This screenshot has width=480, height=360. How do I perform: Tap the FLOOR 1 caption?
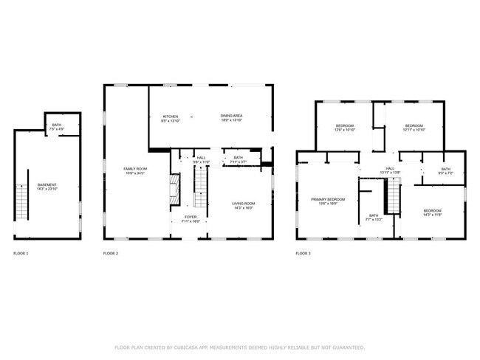(x=21, y=253)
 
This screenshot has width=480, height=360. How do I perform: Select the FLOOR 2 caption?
(x=110, y=253)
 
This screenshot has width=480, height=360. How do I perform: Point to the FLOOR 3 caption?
(x=303, y=253)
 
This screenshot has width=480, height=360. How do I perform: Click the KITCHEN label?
(x=171, y=116)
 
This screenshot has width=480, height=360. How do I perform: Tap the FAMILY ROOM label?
(x=135, y=169)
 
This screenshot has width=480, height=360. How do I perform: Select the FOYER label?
(x=191, y=217)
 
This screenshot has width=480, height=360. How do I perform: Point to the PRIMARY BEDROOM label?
(x=328, y=199)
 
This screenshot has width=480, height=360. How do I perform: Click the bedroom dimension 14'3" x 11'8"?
(x=432, y=215)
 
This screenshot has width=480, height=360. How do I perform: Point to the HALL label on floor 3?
(x=369, y=167)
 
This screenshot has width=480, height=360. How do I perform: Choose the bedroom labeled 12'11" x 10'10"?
(x=414, y=127)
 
